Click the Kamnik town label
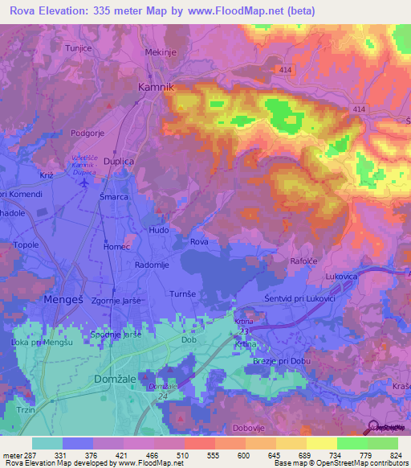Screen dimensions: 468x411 [x=157, y=86]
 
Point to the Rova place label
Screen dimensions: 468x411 [x=200, y=241]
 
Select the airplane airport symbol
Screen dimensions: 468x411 [x=87, y=183]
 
